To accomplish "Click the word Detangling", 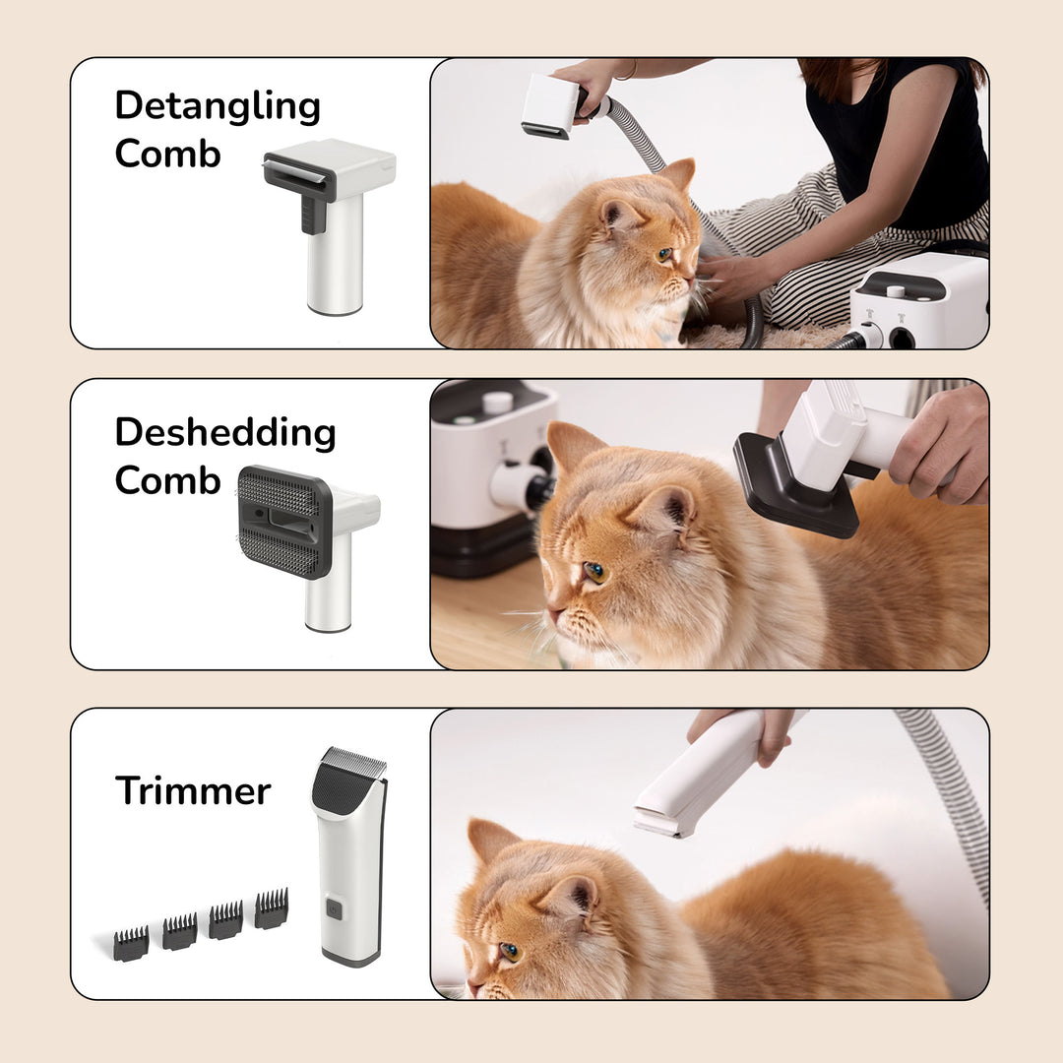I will click(218, 106).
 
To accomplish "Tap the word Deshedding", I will click(224, 432).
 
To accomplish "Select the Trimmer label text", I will click(192, 790).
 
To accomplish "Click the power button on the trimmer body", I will click(335, 910).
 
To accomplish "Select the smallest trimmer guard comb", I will click(130, 943).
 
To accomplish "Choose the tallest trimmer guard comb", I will click(271, 908).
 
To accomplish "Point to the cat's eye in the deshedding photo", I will click(594, 572).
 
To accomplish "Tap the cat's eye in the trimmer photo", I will click(509, 951).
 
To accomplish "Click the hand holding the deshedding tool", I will click(940, 443).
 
